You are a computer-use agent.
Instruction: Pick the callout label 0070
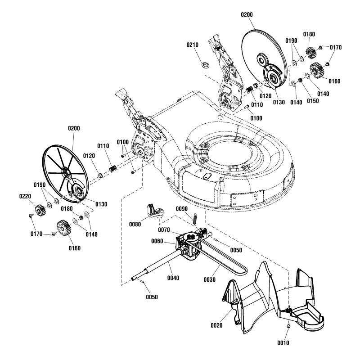point(177,229)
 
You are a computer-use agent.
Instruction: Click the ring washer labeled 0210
point(205,65)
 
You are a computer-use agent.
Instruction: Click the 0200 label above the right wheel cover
point(247,15)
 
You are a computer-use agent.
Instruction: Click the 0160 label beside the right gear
point(334,81)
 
